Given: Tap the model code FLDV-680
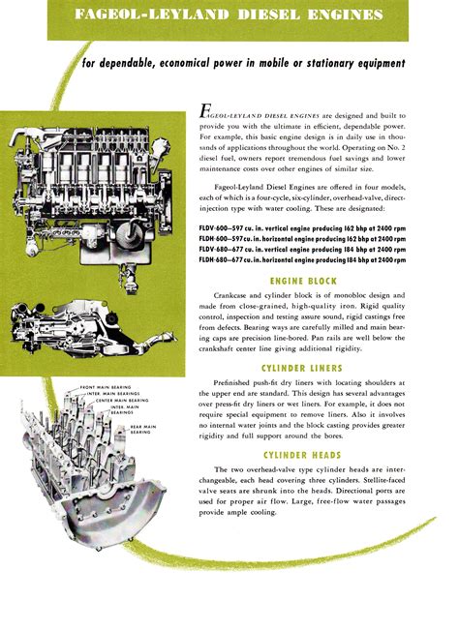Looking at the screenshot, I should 219,249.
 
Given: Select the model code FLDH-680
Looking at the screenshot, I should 219,260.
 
